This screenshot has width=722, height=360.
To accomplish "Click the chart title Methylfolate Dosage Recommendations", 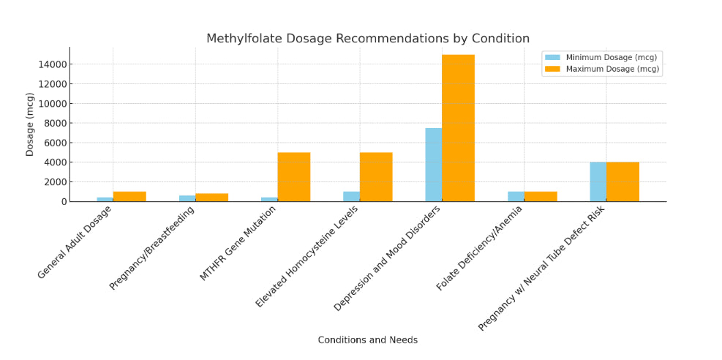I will pyautogui.click(x=367, y=39).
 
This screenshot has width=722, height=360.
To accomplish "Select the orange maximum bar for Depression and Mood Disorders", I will pyautogui.click(x=458, y=128).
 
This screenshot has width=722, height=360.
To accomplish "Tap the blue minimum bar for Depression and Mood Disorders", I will pyautogui.click(x=433, y=165).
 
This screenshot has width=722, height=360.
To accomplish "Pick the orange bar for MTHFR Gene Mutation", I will pyautogui.click(x=293, y=176).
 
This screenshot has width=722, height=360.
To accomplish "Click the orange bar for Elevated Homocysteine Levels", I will pyautogui.click(x=376, y=176).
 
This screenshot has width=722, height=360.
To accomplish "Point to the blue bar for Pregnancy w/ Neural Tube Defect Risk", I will pyautogui.click(x=598, y=181).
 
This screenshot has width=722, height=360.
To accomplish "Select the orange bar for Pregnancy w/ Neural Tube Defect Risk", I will pyautogui.click(x=623, y=181).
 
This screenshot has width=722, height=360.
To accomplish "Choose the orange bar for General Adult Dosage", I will pyautogui.click(x=129, y=196).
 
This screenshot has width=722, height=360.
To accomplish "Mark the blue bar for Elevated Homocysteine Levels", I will pyautogui.click(x=351, y=196).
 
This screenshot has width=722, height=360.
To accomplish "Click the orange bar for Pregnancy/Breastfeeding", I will pyautogui.click(x=211, y=197).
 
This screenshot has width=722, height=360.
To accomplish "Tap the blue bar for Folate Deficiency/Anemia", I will pyautogui.click(x=516, y=196).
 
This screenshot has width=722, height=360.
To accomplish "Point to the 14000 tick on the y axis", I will pyautogui.click(x=53, y=64).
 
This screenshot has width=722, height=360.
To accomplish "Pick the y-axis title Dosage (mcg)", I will pyautogui.click(x=30, y=124).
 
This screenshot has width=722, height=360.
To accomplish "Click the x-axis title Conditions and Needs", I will pyautogui.click(x=367, y=340).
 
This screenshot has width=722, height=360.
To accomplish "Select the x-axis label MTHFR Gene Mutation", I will pyautogui.click(x=238, y=243).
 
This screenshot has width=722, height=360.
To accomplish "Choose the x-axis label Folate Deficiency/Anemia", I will pyautogui.click(x=479, y=249).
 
